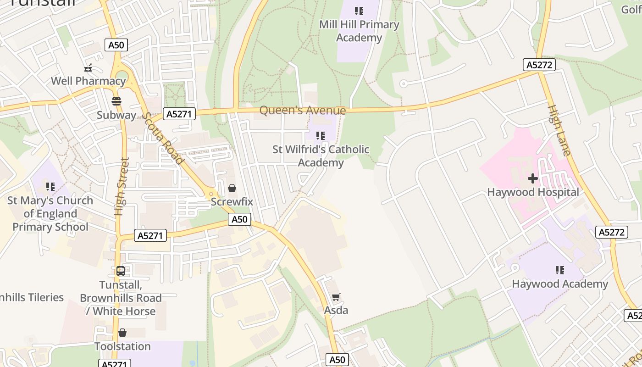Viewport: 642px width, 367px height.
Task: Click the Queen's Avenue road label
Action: click(303, 111)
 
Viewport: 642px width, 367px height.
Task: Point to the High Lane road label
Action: click(559, 130)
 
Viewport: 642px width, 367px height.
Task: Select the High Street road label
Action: click(120, 187)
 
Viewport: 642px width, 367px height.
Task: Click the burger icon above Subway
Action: click(116, 101)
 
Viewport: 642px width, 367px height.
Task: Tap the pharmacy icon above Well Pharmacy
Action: click(88, 68)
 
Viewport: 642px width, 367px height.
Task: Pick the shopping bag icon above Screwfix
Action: click(232, 188)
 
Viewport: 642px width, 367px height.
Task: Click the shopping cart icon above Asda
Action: click(336, 297)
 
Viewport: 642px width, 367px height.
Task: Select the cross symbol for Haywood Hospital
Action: click(533, 178)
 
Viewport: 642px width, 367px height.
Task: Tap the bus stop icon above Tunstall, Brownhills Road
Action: click(121, 271)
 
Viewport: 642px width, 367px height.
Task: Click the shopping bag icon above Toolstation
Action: click(122, 333)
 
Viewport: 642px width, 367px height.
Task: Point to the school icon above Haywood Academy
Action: click(559, 270)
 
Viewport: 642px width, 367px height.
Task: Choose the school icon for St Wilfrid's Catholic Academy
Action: click(321, 136)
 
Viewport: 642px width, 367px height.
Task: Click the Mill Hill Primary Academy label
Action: click(359, 31)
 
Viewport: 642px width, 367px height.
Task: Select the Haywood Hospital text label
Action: click(533, 192)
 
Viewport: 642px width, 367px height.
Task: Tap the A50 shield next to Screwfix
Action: click(239, 219)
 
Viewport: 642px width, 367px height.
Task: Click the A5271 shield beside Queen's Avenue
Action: click(179, 114)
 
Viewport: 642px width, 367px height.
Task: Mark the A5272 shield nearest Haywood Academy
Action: click(612, 232)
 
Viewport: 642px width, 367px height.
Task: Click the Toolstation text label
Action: click(122, 346)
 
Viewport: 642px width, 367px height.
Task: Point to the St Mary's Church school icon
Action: click(50, 187)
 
